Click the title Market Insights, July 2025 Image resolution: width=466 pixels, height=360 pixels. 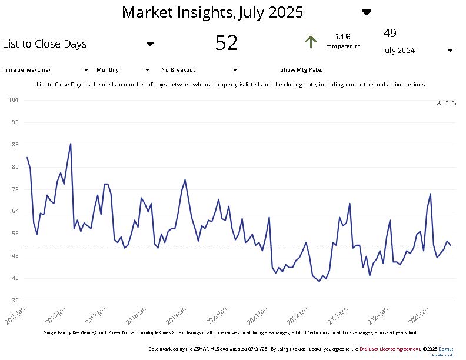pyautogui.click(x=212, y=12)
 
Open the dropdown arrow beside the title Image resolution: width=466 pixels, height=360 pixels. pyautogui.click(x=367, y=12)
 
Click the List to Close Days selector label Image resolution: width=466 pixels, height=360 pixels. pyautogui.click(x=45, y=44)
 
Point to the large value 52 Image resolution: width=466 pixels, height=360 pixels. pyautogui.click(x=227, y=44)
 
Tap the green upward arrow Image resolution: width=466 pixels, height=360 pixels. pyautogui.click(x=311, y=42)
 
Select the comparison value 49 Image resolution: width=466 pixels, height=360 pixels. pyautogui.click(x=390, y=32)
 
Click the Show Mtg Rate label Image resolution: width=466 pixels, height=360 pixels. pyautogui.click(x=301, y=69)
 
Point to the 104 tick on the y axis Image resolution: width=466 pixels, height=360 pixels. pyautogui.click(x=14, y=100)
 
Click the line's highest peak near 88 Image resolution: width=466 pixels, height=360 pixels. pyautogui.click(x=71, y=144)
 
